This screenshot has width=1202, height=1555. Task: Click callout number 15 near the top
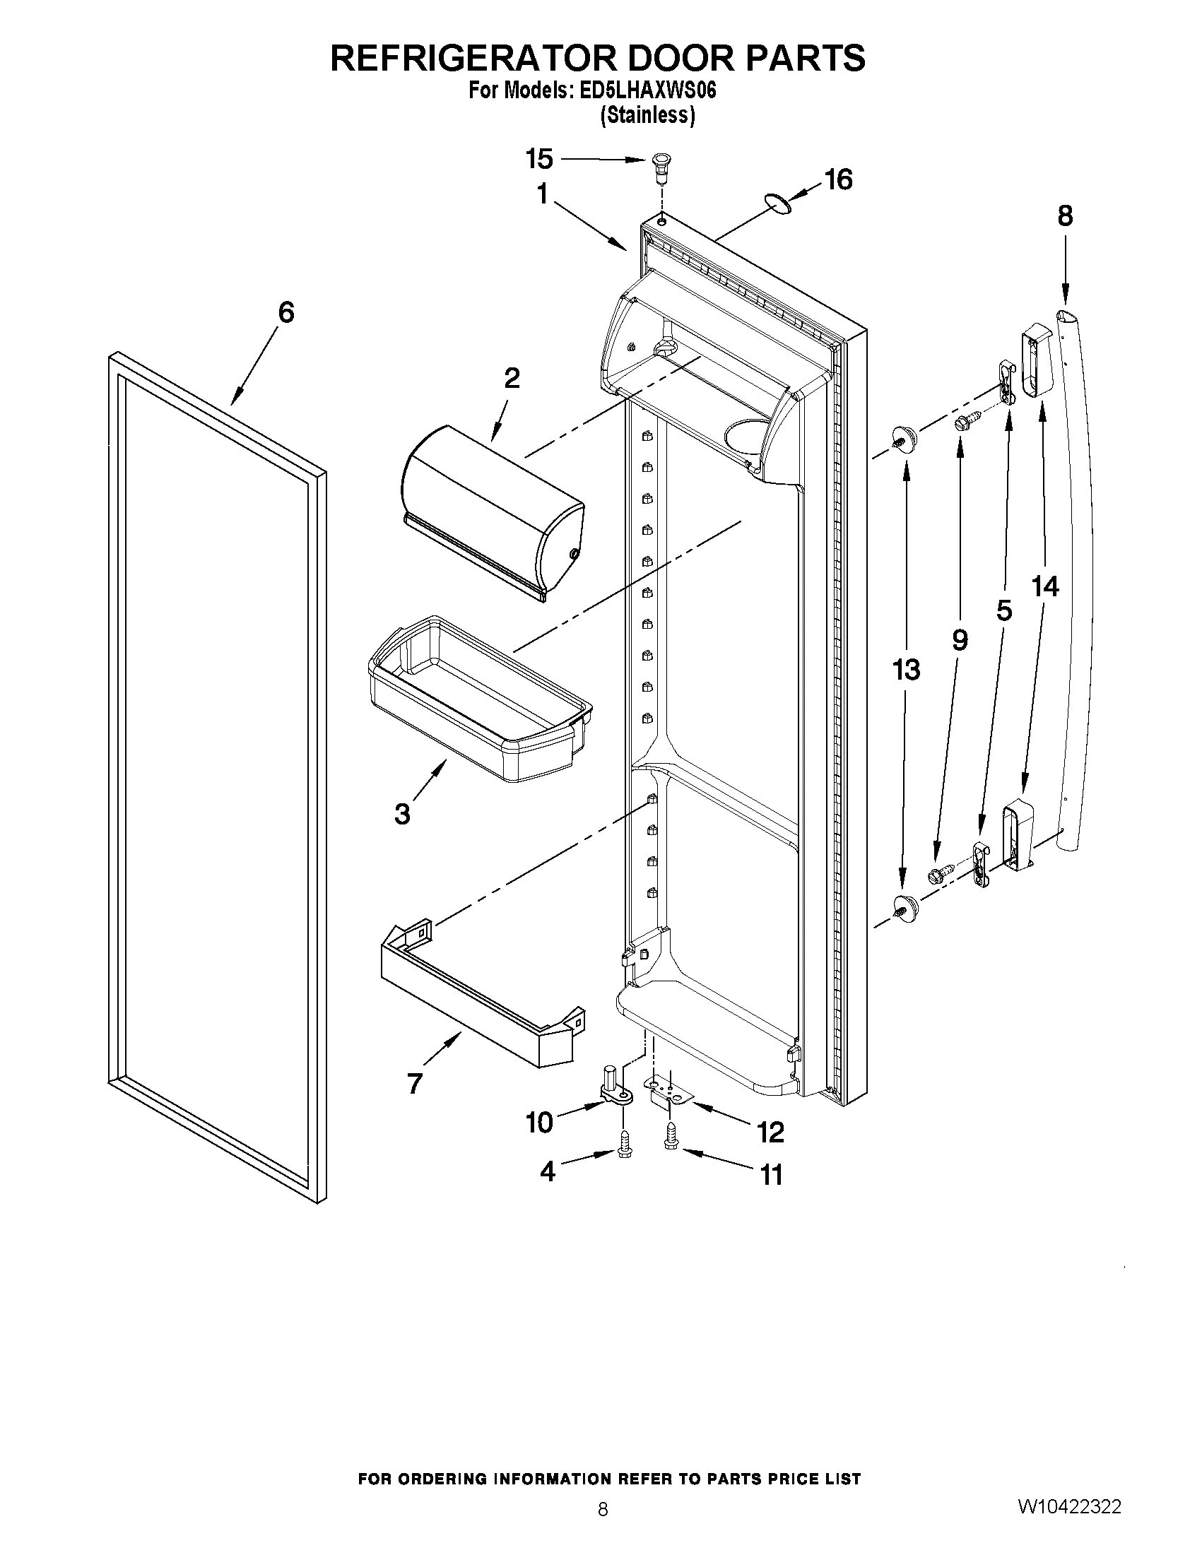tap(539, 159)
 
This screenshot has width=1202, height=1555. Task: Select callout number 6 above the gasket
tap(285, 312)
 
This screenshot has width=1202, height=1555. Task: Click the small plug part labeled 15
tap(662, 166)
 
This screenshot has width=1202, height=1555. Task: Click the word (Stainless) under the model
tap(647, 114)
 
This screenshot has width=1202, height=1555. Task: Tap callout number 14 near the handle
tap(1044, 586)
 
